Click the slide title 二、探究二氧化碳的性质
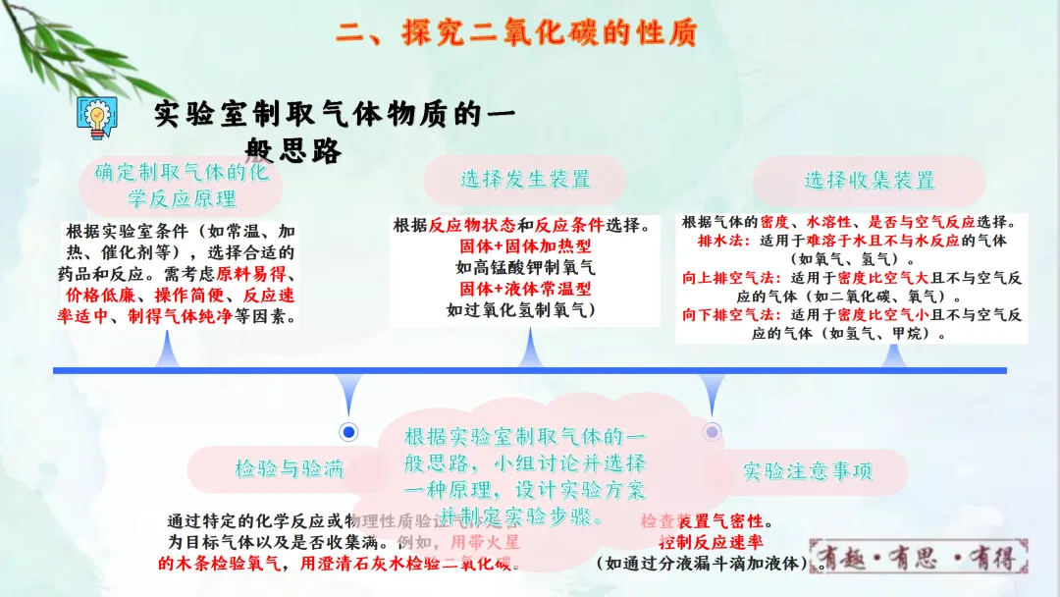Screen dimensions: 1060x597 pyautogui.click(x=516, y=32)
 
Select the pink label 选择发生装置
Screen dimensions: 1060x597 pyautogui.click(x=525, y=179)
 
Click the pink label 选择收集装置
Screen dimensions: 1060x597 pyautogui.click(x=870, y=181)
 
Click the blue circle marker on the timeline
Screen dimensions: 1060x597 pyautogui.click(x=347, y=432)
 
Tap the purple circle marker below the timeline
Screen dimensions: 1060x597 pyautogui.click(x=713, y=431)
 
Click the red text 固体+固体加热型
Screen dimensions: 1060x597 pyautogui.click(x=526, y=245)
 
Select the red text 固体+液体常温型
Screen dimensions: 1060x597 pyautogui.click(x=526, y=288)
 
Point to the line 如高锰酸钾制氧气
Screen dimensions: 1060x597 pyautogui.click(x=526, y=266)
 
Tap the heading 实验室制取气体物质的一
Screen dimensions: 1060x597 pyautogui.click(x=334, y=116)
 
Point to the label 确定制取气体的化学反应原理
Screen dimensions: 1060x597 pyautogui.click(x=182, y=185)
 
